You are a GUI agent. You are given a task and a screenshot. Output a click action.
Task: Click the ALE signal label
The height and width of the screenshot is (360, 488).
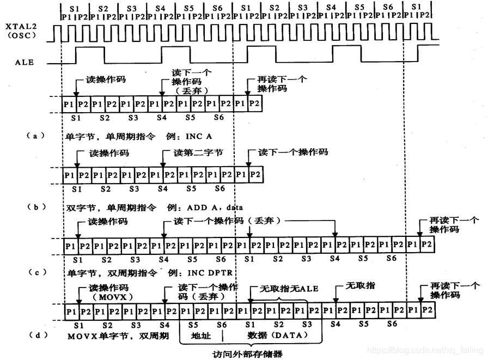(24, 62)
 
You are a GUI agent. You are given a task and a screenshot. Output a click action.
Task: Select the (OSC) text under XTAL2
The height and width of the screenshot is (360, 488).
(20, 35)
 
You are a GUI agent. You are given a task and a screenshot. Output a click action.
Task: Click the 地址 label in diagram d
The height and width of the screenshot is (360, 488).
(201, 335)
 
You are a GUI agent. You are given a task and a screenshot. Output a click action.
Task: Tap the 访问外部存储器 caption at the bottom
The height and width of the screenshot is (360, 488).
(248, 353)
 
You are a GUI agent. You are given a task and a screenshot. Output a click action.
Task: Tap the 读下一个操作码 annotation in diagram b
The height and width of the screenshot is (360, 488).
(293, 152)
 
